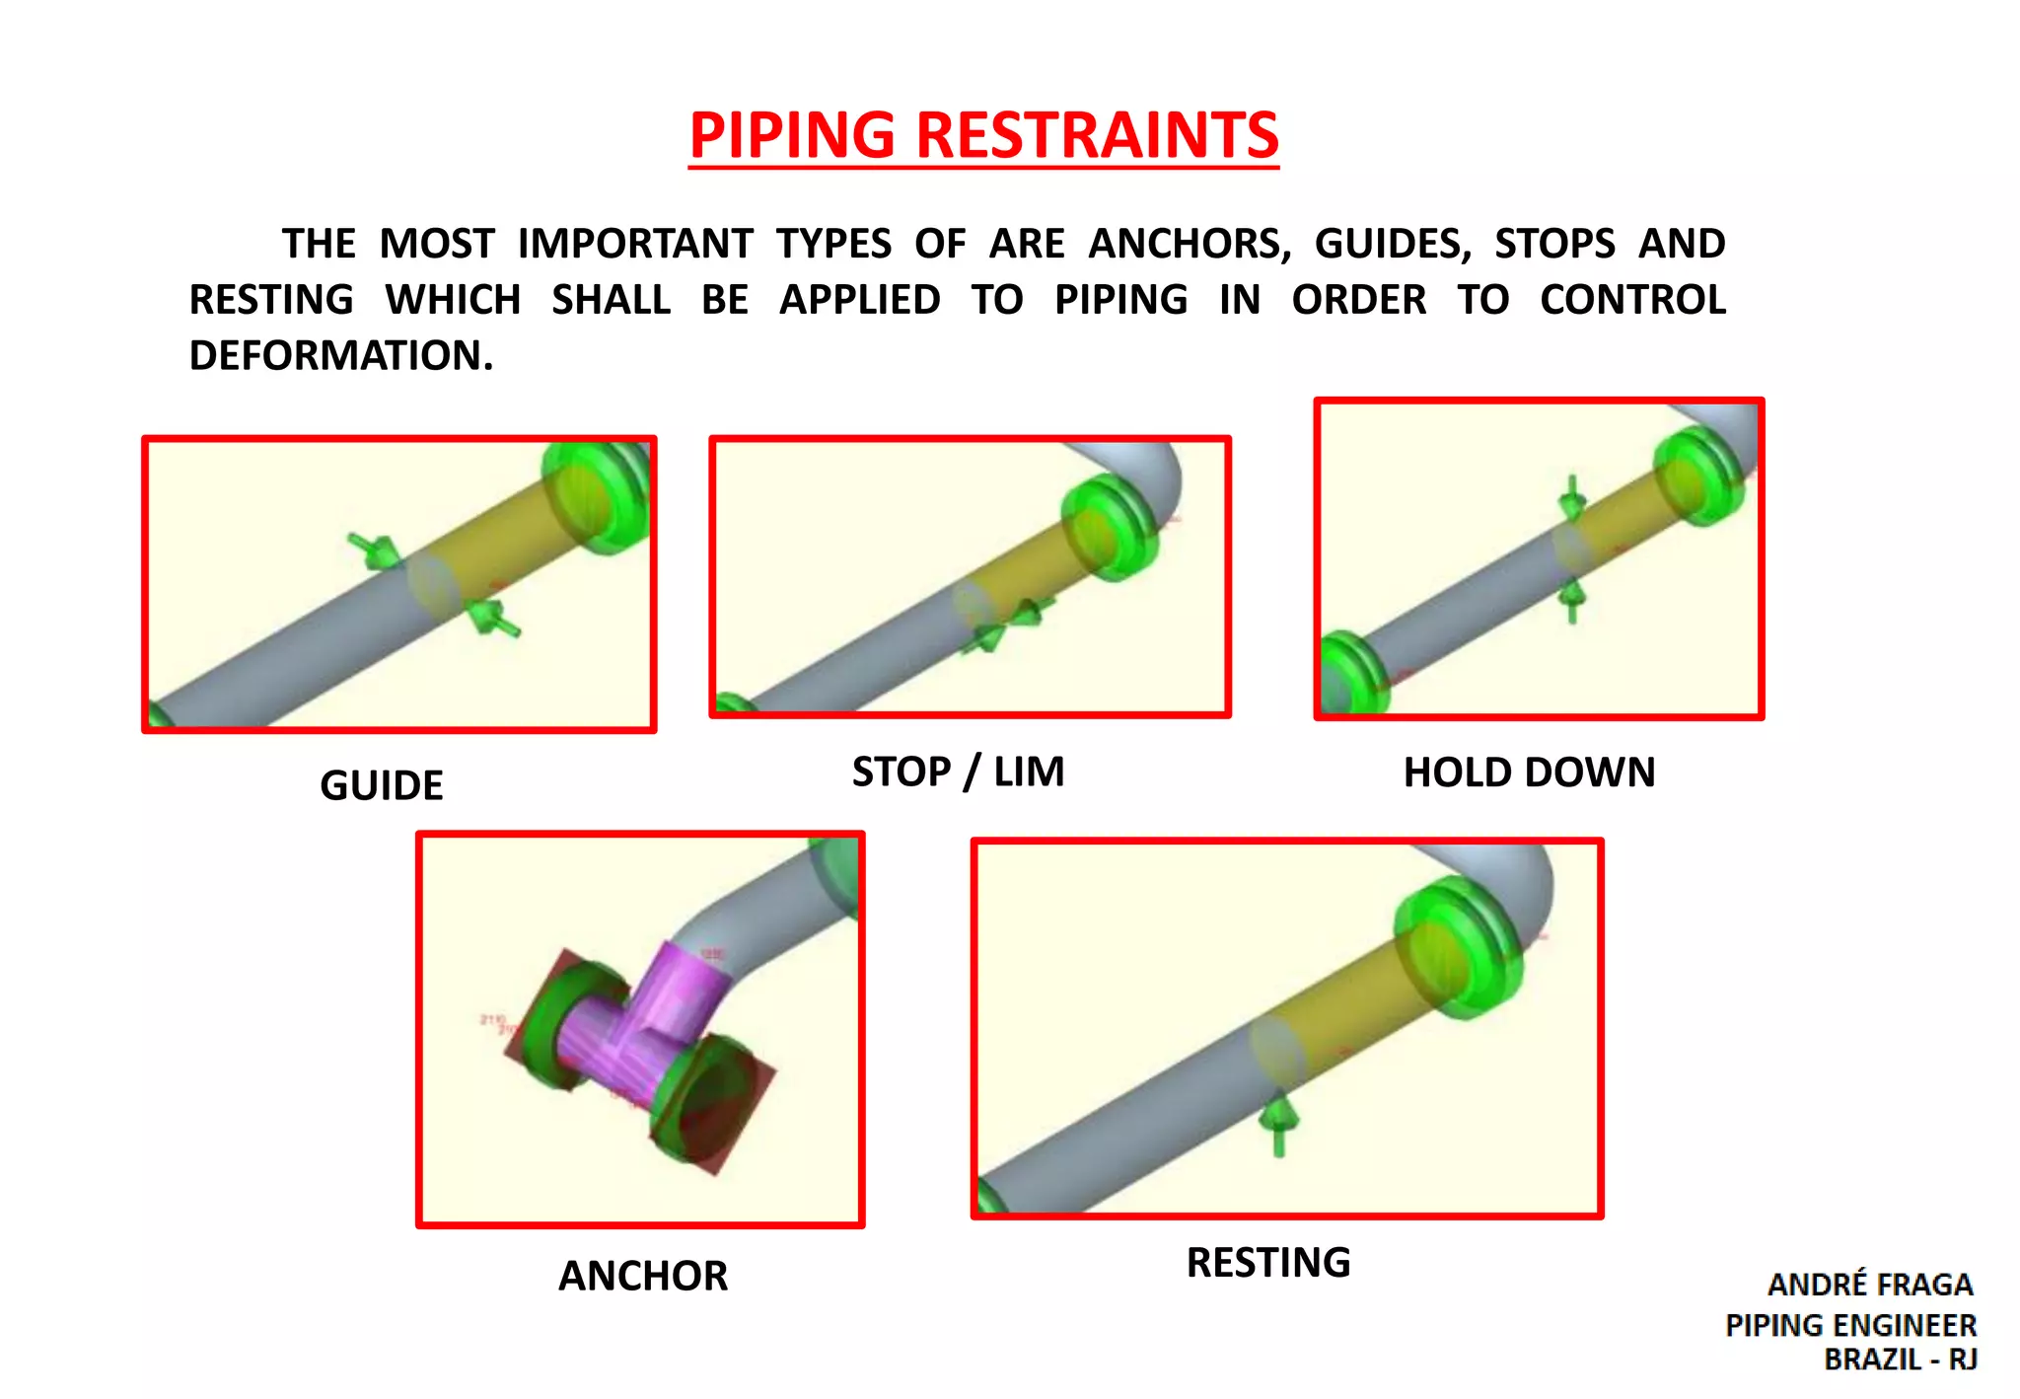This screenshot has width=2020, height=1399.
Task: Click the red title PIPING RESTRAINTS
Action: [983, 135]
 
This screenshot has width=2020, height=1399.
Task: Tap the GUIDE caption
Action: [382, 785]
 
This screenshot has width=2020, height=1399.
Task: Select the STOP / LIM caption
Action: [958, 772]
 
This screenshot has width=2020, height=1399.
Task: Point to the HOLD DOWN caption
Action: [1529, 773]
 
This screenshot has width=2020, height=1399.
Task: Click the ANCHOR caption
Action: [643, 1276]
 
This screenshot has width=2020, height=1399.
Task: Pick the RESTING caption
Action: [1268, 1263]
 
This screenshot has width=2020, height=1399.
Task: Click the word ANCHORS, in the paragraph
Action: [1190, 244]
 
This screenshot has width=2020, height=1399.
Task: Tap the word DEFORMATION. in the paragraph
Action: [341, 355]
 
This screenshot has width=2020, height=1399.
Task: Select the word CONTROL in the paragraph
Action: [1632, 300]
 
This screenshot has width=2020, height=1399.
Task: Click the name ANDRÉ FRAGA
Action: [1870, 1285]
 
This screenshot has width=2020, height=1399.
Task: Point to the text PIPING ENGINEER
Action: [1850, 1325]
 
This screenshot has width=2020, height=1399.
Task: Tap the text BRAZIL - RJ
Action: [1900, 1360]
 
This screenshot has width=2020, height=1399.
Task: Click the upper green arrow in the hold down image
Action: [1572, 499]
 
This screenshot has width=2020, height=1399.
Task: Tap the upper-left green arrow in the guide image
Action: [373, 549]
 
